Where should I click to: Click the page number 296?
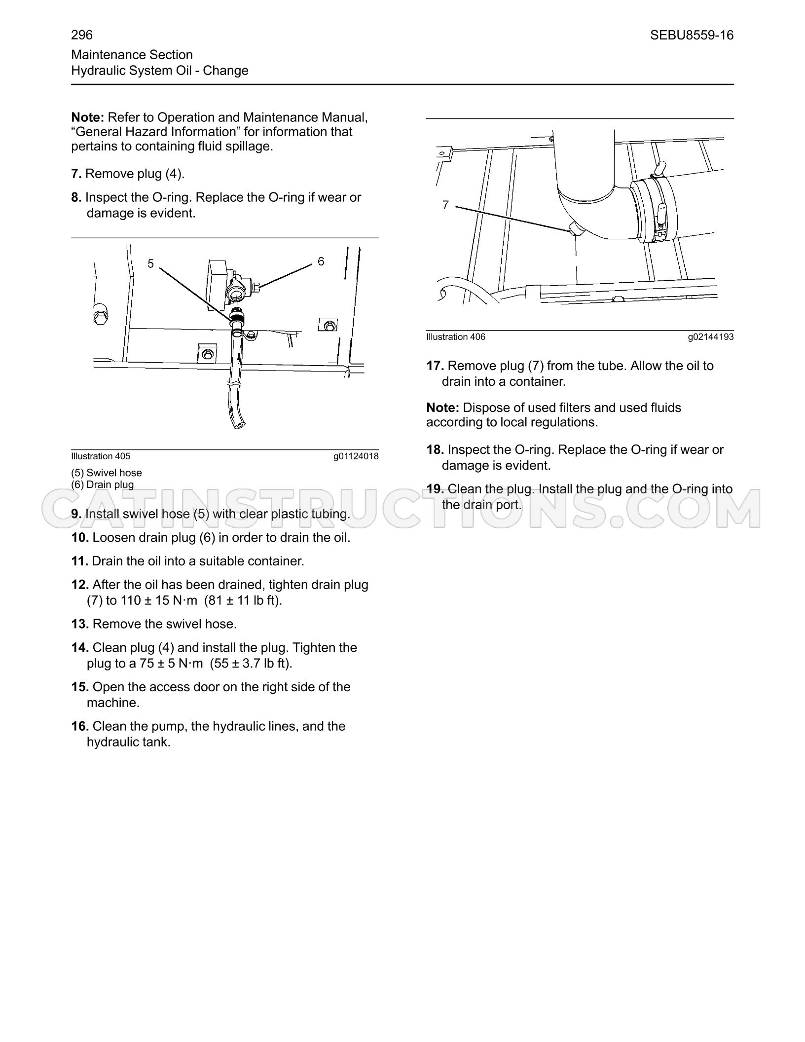82,35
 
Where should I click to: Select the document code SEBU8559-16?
692,35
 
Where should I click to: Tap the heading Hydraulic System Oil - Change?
160,71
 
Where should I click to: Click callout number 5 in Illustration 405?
151,264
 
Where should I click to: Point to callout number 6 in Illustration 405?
321,261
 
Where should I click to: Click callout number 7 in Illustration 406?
445,205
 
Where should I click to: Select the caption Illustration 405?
101,456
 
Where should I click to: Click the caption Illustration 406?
456,337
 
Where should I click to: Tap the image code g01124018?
356,456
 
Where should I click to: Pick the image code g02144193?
711,337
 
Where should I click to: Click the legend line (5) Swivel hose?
107,473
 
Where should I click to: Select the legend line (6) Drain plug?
103,484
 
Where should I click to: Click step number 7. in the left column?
76,174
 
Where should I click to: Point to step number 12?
80,585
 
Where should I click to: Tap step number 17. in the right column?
436,366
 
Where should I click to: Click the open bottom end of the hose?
240,424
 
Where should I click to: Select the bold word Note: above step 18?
443,408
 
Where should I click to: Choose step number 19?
436,489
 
